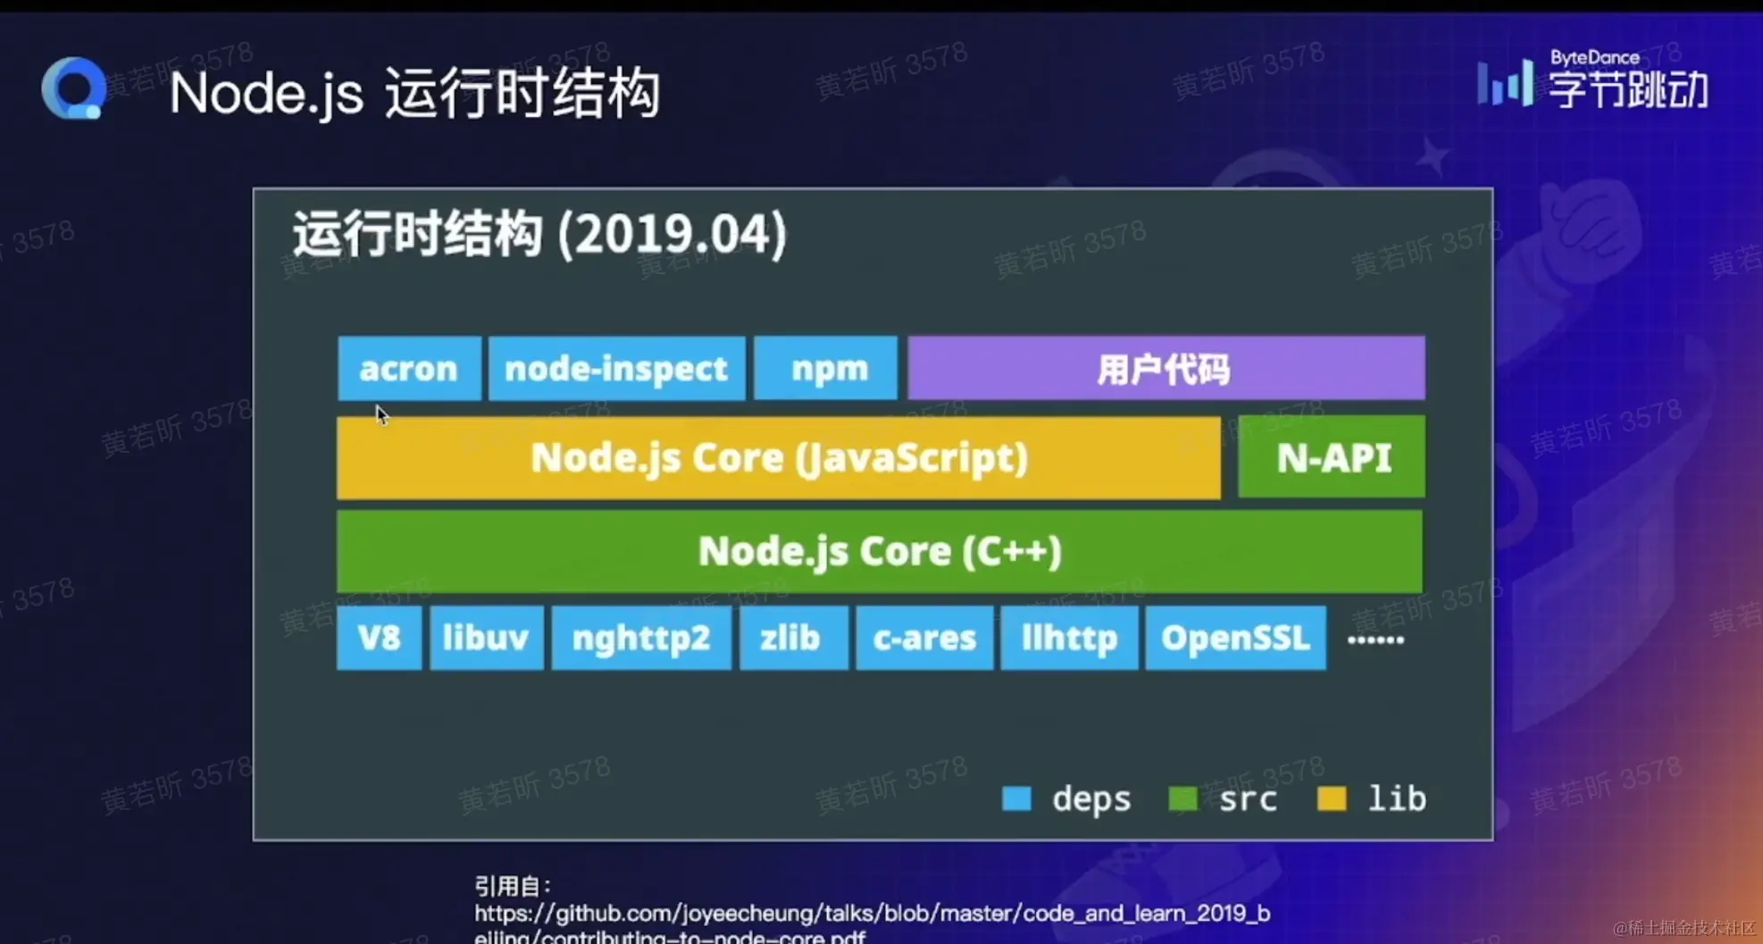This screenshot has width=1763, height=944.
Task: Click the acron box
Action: point(409,368)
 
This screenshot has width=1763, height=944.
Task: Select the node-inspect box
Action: point(616,368)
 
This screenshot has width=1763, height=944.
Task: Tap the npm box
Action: point(825,368)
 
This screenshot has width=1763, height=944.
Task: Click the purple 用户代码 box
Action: point(1166,368)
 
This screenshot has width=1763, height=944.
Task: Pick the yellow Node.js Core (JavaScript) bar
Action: point(778,457)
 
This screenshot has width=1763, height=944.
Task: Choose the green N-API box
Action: point(1331,457)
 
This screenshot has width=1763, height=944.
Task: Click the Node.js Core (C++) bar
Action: point(879,551)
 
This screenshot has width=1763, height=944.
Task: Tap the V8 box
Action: point(379,638)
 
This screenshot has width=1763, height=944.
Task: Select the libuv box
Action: point(486,638)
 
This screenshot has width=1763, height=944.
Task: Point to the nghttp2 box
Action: point(640,638)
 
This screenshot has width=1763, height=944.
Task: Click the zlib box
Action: point(792,638)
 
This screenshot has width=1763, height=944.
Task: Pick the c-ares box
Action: point(923,638)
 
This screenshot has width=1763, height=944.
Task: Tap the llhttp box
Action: point(1069,638)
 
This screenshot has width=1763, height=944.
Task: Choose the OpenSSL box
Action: point(1235,638)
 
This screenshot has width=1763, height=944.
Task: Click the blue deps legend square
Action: point(1016,798)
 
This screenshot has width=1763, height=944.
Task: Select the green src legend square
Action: point(1182,798)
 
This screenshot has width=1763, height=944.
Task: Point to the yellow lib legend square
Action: point(1332,798)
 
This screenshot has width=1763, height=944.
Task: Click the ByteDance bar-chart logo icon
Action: point(1505,83)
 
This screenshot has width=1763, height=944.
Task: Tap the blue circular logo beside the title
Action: point(74,88)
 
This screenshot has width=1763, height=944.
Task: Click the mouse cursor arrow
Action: point(381,415)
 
